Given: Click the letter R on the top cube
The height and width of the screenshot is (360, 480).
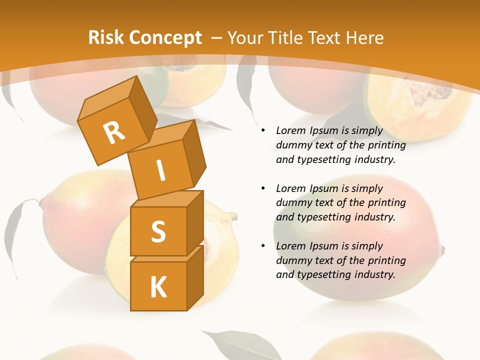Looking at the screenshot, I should pos(114,133).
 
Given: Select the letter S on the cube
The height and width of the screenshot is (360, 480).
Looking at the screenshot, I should pos(158,231).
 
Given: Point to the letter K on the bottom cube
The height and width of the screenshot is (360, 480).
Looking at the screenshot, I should pos(158,287).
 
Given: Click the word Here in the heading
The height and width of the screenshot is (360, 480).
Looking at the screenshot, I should pos(365,38).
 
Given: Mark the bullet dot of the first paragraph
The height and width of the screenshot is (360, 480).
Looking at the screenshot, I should pos(263,130).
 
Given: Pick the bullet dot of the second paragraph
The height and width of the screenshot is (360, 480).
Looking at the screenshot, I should pos(263,188).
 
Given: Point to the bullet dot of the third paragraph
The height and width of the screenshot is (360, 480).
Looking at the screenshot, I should pos(263,246).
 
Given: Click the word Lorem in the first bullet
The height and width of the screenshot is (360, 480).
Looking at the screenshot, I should pos(291,130).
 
